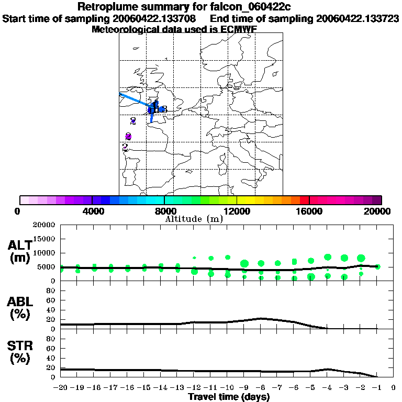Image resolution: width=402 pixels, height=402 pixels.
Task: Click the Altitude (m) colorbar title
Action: pyautogui.click(x=194, y=219)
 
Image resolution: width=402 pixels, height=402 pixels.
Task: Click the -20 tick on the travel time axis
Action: pyautogui.click(x=61, y=388)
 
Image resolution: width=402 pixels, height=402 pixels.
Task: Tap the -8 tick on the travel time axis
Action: pyautogui.click(x=260, y=388)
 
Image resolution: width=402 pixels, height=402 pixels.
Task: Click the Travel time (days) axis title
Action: pyautogui.click(x=229, y=397)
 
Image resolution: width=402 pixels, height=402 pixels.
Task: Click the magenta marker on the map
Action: pyautogui.click(x=128, y=137)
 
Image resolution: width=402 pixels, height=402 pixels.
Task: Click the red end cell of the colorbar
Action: pyautogui.click(x=304, y=200)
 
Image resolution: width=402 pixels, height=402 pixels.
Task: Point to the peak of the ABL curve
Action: pyautogui.click(x=261, y=318)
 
